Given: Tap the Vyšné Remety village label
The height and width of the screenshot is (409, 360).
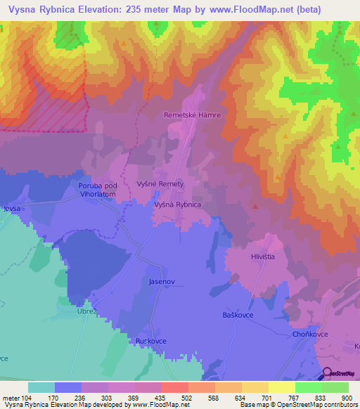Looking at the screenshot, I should coord(160,183).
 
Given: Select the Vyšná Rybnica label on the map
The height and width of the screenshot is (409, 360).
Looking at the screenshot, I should coord(178,204).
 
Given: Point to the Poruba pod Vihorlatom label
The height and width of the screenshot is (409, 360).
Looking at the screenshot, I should coord(97,190).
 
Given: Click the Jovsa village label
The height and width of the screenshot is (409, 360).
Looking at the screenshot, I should coord(13,208).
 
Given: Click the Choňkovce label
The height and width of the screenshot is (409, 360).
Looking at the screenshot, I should coord(310,335).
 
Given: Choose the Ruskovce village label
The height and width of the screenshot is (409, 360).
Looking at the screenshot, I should coord(146,342).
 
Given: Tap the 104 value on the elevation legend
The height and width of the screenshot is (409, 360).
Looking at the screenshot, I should coord(26,397).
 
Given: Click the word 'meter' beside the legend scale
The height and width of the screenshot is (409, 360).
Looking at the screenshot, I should coord(10,397).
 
